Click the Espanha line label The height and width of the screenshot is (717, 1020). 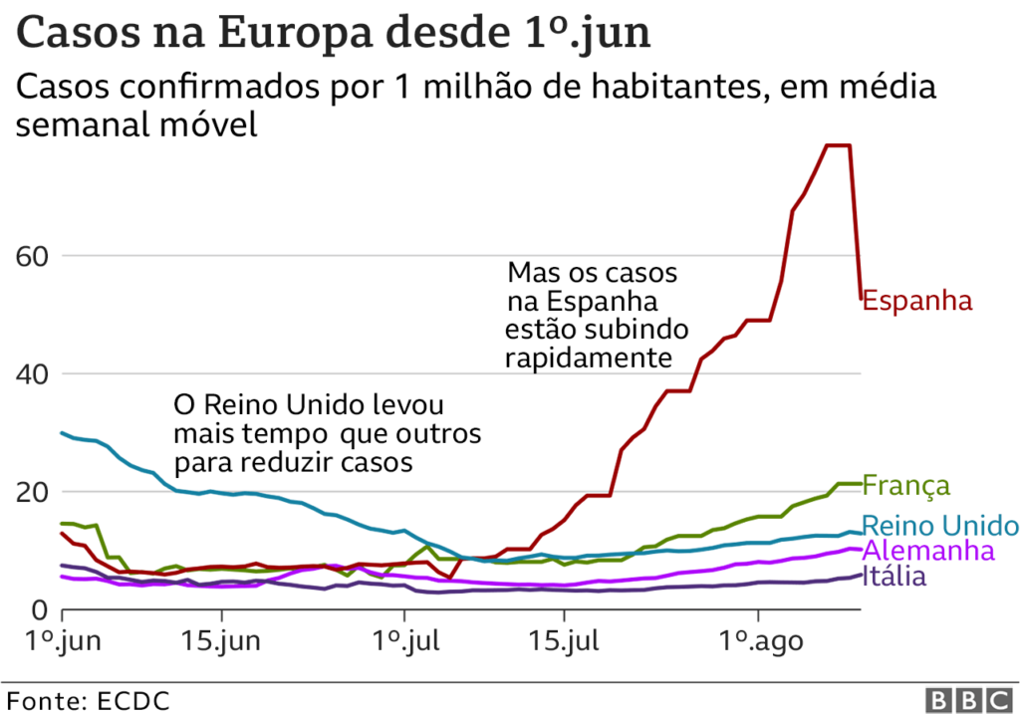916,300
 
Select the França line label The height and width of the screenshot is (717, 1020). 905,486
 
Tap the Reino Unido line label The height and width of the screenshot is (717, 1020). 940,526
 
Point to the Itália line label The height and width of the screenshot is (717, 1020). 894,576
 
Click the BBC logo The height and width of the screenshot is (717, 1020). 965,698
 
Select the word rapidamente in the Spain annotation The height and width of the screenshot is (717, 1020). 588,358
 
